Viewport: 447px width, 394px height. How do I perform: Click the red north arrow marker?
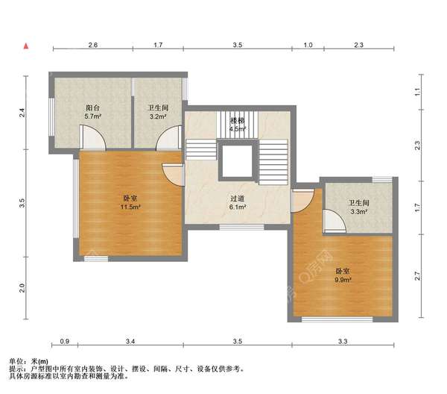coord(26,46)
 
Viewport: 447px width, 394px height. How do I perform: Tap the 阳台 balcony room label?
coord(93,108)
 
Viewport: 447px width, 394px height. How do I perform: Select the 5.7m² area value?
coord(93,116)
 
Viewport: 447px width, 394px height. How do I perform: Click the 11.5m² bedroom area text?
coord(130,207)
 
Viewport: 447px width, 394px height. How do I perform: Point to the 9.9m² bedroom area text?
coord(343,280)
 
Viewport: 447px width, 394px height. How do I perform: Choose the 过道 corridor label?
coord(238,198)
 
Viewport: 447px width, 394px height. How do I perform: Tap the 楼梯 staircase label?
coord(238,121)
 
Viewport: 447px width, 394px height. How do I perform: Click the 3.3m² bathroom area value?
coord(358,212)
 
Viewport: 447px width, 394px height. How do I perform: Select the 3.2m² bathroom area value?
coord(158,116)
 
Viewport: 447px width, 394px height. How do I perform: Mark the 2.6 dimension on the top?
coord(93,45)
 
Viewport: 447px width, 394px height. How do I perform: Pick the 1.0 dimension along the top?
coord(308,45)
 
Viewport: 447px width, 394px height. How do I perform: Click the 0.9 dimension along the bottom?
coord(65,341)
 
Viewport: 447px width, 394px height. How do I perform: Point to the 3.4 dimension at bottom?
coord(130,341)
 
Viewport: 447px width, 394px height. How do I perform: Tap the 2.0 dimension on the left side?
coord(22,288)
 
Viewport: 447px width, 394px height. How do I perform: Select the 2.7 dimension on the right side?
coord(418,276)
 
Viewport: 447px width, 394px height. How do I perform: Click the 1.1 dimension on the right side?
coord(418,92)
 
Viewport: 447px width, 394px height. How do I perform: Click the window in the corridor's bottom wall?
coord(241,228)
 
